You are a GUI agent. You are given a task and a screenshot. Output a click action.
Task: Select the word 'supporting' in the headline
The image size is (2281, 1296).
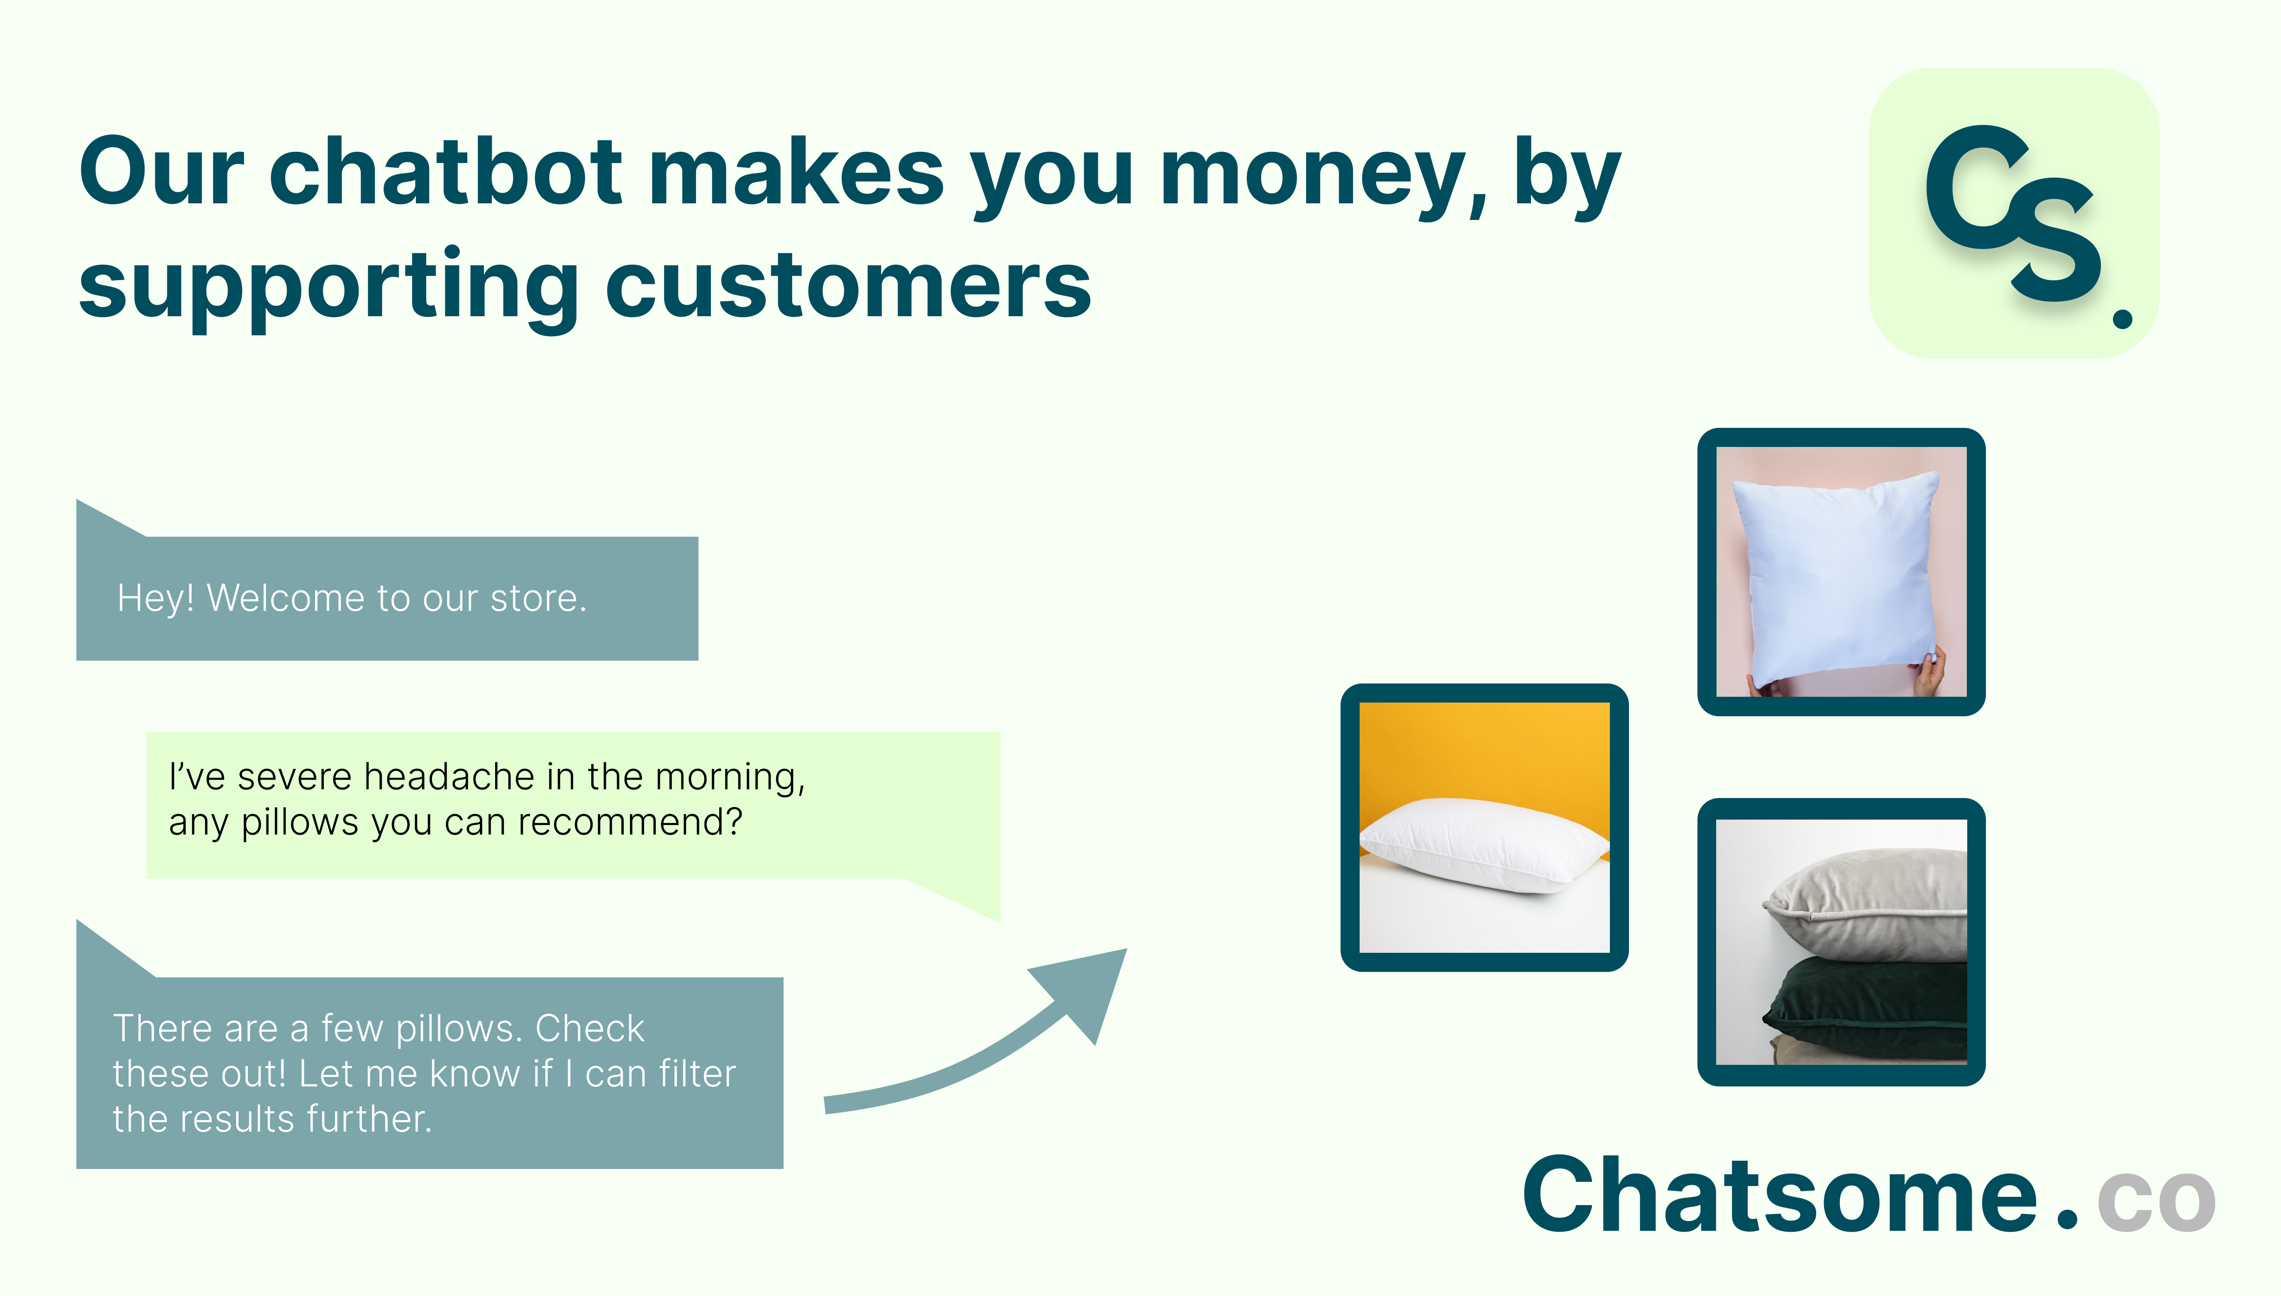click(x=329, y=287)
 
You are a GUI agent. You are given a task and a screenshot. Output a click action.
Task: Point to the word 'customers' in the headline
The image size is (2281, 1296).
click(x=848, y=283)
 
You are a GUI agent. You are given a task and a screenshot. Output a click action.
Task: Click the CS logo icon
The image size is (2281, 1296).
click(x=2014, y=214)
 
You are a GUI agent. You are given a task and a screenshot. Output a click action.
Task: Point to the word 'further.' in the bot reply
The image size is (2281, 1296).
click(x=369, y=1119)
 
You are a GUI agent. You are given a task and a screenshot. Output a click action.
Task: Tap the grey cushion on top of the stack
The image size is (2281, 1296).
click(x=1866, y=903)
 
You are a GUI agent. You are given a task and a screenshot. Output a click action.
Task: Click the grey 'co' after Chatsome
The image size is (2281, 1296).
click(x=2156, y=1202)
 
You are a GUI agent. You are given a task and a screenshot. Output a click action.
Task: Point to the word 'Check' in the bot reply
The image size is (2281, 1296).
click(x=589, y=1028)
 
